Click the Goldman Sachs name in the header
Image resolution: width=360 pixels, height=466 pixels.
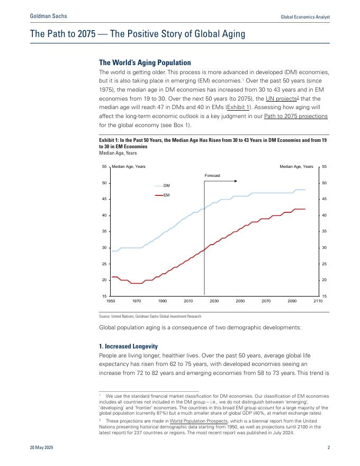49,17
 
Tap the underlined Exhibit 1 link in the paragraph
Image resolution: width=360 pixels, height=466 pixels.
238,107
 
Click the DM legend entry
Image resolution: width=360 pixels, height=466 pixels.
166,186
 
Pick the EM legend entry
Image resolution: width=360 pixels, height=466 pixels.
166,195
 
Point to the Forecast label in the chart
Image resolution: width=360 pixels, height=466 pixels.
212,175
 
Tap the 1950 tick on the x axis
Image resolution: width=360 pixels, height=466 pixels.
111,301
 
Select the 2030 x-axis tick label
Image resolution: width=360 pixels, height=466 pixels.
214,301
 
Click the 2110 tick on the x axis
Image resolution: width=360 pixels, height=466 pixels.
318,301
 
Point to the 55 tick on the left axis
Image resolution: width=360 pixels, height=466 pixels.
105,167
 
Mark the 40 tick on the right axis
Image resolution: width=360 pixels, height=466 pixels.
324,216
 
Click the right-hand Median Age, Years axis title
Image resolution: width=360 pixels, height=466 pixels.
296,167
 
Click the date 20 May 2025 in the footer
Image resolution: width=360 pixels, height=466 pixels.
41,448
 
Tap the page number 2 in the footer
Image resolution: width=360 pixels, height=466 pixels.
328,448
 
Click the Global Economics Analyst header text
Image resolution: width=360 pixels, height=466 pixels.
305,17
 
